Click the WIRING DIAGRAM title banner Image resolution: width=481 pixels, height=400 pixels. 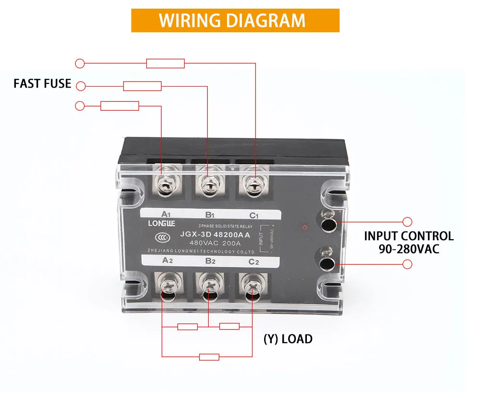(x=235, y=21)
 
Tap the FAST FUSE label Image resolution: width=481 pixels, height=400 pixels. (x=42, y=84)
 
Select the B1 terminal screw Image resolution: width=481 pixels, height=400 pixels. (x=208, y=185)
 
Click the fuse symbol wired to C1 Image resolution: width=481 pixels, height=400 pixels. (x=165, y=63)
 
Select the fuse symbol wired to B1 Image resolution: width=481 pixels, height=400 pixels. (x=142, y=86)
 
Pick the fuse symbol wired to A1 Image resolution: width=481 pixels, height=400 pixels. (x=120, y=106)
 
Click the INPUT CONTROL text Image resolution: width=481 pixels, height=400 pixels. (x=408, y=236)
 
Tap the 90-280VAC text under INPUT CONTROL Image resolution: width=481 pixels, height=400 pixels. (x=408, y=249)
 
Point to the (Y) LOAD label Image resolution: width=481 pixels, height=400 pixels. (x=288, y=339)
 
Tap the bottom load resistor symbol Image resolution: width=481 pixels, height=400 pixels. (x=209, y=357)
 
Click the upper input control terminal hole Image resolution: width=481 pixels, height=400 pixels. (x=329, y=225)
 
